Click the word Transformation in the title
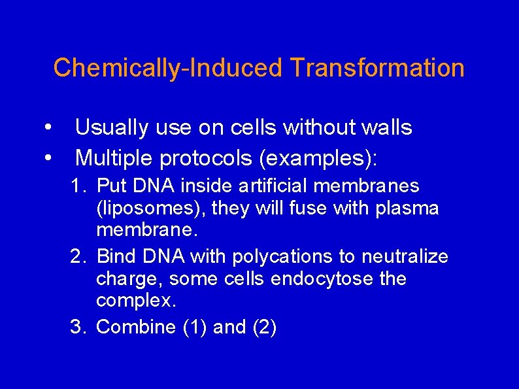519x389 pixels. coord(377,68)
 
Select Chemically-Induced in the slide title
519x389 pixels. coord(168,68)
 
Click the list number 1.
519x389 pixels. coord(78,187)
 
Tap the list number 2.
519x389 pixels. coord(78,257)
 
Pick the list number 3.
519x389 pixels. coord(78,327)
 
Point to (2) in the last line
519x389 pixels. coord(264,327)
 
